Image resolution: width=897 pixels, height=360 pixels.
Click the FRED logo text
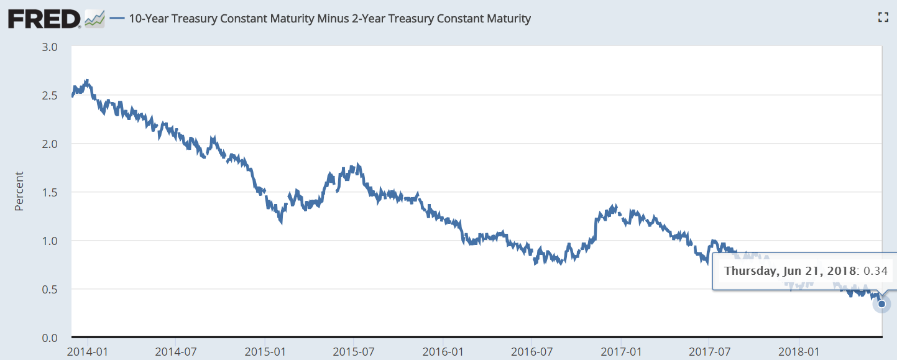click(x=44, y=19)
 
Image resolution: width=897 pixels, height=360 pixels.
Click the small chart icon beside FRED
click(x=95, y=19)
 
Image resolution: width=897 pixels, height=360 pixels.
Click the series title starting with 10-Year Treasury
click(x=329, y=19)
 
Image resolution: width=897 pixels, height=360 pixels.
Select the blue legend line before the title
click(x=117, y=19)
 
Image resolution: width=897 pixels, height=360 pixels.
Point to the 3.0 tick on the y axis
click(x=50, y=47)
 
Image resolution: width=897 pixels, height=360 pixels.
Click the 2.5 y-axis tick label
click(x=50, y=96)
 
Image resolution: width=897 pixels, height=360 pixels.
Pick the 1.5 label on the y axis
click(x=50, y=193)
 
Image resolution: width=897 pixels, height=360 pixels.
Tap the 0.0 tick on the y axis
click(x=50, y=338)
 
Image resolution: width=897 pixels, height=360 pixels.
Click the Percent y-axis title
click(x=19, y=192)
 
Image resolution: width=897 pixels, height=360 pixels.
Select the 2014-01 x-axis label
click(x=87, y=351)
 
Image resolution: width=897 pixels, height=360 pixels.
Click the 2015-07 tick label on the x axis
click(x=353, y=351)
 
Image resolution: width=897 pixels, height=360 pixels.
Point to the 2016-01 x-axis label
click(x=442, y=351)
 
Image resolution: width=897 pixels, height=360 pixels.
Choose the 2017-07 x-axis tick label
click(x=709, y=351)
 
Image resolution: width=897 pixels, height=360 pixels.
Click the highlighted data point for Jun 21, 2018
click(x=881, y=304)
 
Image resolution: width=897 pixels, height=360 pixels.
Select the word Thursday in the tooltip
click(x=749, y=271)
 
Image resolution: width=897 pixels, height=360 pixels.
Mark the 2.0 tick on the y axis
click(x=50, y=144)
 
